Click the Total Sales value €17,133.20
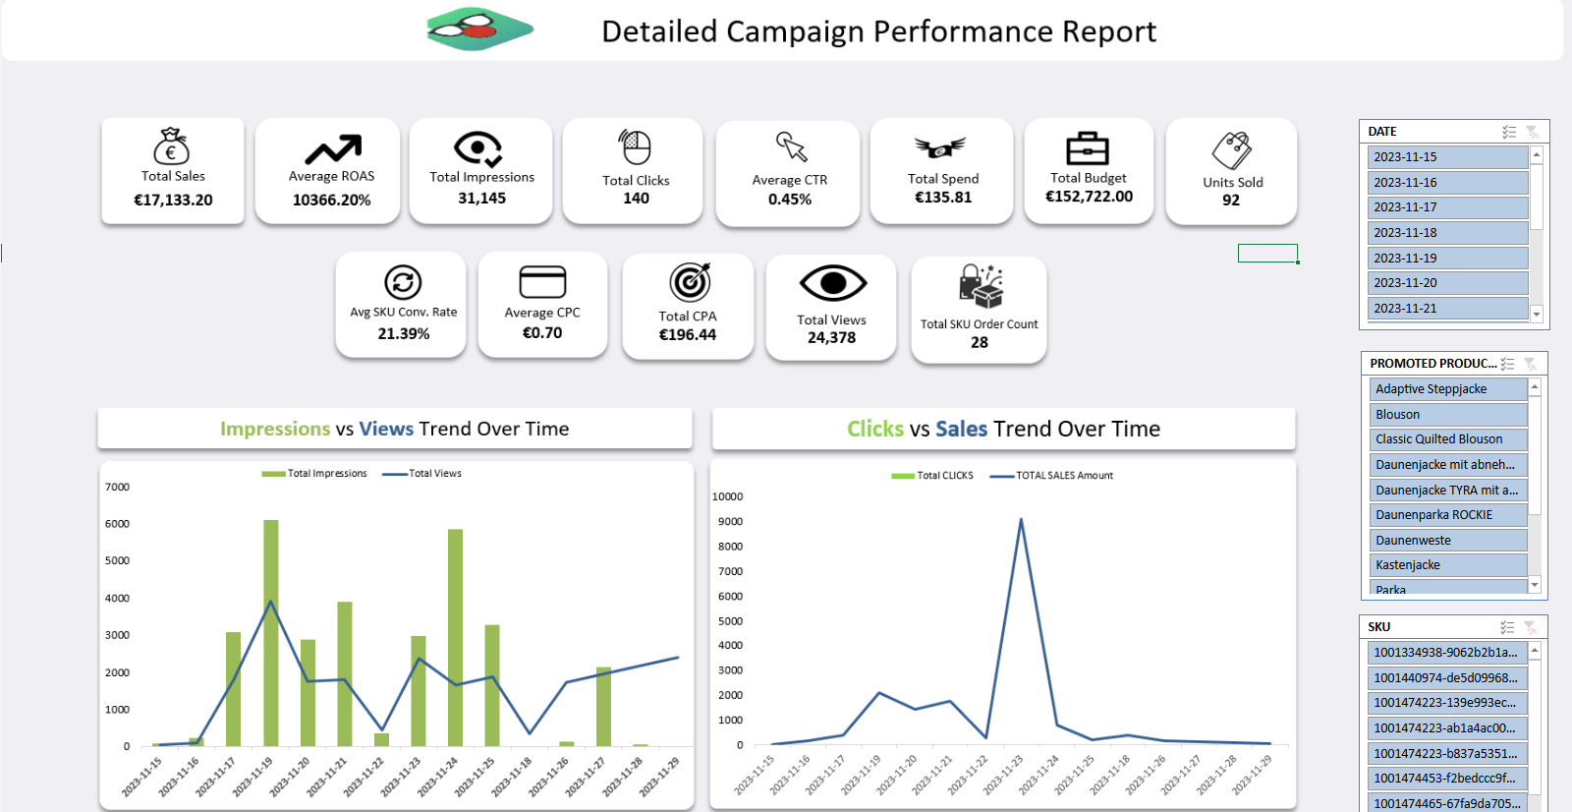(x=173, y=200)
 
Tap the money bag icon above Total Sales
(x=172, y=146)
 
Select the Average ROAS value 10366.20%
(x=331, y=200)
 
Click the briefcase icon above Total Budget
(x=1088, y=148)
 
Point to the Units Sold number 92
(x=1231, y=200)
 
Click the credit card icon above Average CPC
(x=542, y=281)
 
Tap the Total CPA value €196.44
(x=687, y=334)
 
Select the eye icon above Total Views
(x=832, y=284)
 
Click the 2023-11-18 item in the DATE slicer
(x=1446, y=233)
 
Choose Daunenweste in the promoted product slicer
(x=1446, y=541)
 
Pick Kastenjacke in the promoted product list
(x=1446, y=565)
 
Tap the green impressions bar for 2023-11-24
(x=455, y=639)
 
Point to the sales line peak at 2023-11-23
(x=1021, y=520)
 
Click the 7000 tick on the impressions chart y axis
(x=117, y=488)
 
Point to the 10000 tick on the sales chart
(x=727, y=497)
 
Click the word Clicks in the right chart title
(x=874, y=429)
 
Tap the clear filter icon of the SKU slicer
(x=1530, y=627)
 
